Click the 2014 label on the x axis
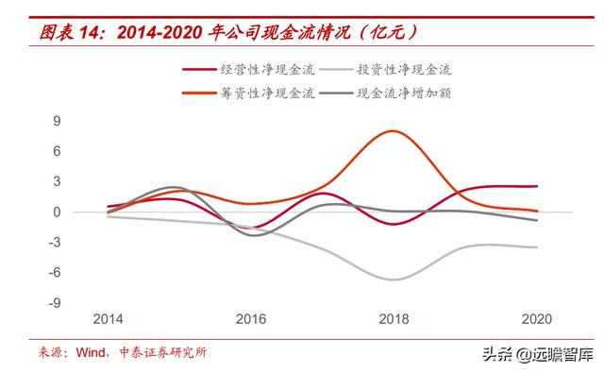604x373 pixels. [x=109, y=319]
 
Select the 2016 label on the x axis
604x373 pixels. [x=251, y=319]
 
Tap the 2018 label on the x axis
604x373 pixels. [x=394, y=319]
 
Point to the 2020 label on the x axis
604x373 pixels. [x=536, y=319]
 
